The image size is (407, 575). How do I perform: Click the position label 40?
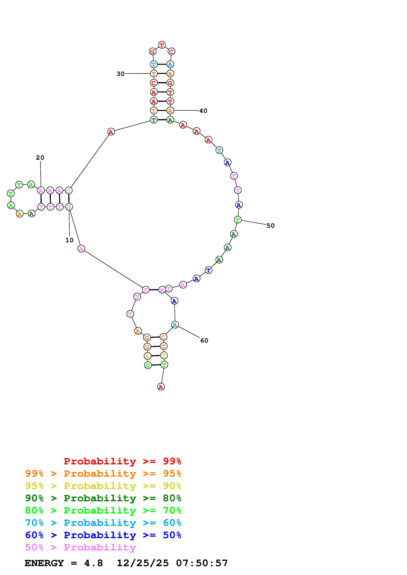click(x=203, y=111)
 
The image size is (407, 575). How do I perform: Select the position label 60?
click(x=204, y=340)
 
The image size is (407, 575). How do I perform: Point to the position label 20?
click(x=40, y=158)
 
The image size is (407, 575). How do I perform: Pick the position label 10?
click(x=69, y=240)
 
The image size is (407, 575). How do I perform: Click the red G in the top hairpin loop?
click(x=153, y=52)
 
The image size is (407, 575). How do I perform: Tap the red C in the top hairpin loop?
click(x=171, y=52)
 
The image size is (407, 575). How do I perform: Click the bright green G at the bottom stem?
click(x=148, y=365)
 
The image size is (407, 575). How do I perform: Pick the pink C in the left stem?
click(x=68, y=191)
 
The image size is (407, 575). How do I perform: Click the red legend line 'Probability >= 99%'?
click(x=122, y=461)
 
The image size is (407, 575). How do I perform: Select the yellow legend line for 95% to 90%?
click(x=103, y=486)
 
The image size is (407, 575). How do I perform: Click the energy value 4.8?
click(x=94, y=563)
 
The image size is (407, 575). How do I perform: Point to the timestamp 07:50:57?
click(x=202, y=563)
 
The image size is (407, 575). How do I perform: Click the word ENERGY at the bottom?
click(x=44, y=563)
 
